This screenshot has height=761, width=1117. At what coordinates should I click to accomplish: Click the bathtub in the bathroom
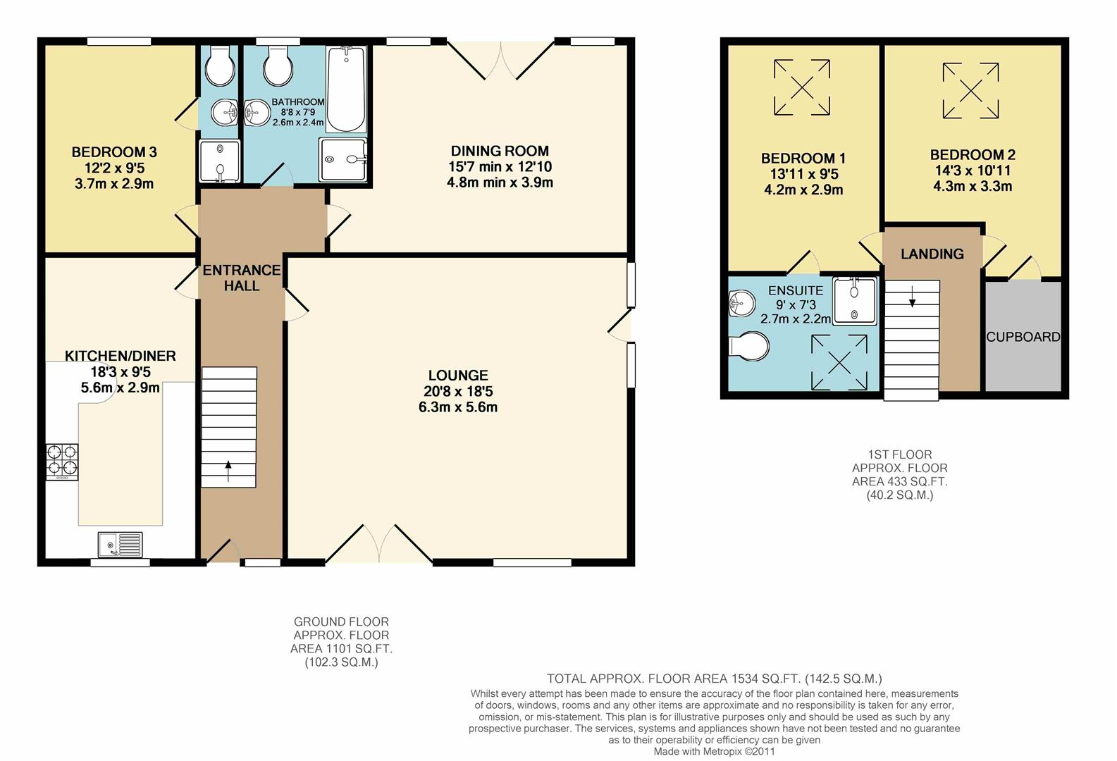[346, 89]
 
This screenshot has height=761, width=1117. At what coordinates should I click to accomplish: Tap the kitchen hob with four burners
[62, 461]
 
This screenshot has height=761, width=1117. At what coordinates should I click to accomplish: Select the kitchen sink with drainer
[121, 544]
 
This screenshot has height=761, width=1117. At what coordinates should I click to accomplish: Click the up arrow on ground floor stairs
[228, 468]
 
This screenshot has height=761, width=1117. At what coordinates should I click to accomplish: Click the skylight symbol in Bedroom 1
[802, 87]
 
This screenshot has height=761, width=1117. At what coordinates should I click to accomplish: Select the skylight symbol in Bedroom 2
[970, 90]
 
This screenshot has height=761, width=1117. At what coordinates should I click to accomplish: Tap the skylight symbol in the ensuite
[839, 362]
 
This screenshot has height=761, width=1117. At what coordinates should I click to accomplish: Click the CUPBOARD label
[1023, 337]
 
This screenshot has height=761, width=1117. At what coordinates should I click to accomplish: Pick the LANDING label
[932, 254]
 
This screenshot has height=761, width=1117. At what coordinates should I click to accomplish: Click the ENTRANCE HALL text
[242, 278]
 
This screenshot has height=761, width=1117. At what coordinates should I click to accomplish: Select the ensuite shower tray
[854, 301]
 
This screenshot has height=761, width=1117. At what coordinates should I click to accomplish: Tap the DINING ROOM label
[500, 151]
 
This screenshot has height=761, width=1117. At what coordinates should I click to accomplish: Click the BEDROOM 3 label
[114, 152]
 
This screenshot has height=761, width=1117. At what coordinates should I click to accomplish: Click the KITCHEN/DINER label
[121, 356]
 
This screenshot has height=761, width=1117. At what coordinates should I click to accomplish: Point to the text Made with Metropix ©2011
[714, 751]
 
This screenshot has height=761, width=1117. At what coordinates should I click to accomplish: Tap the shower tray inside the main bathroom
[343, 159]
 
